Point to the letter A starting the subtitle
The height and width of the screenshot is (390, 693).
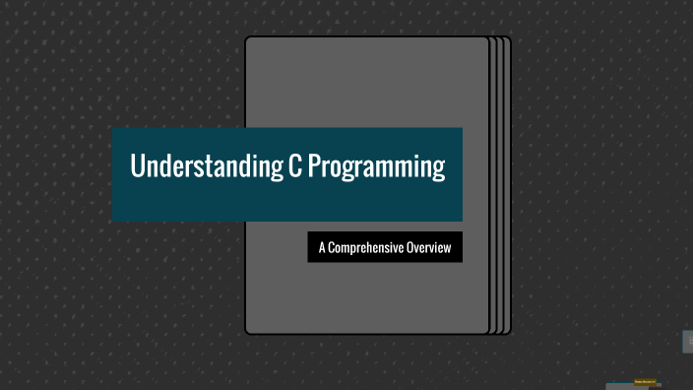(322, 247)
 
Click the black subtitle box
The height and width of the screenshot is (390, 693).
(385, 247)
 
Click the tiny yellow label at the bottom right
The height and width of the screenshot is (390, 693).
(645, 381)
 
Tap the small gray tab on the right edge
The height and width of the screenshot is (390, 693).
(688, 342)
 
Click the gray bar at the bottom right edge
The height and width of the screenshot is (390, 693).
(630, 387)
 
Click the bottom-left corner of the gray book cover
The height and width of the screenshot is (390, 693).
(247, 333)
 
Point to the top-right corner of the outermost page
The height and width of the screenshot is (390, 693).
(510, 39)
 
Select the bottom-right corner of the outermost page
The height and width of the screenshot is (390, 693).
(510, 332)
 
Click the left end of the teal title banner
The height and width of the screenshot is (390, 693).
(115, 174)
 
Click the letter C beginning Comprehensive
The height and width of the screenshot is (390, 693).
(334, 247)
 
